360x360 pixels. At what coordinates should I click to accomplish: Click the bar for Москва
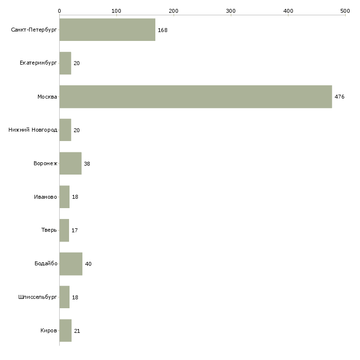click(195, 97)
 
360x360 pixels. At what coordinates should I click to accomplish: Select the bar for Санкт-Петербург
click(107, 30)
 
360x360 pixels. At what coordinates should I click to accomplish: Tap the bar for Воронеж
click(70, 163)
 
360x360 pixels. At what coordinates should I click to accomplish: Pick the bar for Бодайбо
click(71, 264)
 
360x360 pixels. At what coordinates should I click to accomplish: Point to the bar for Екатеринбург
click(65, 63)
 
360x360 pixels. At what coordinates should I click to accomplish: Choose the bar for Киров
click(65, 330)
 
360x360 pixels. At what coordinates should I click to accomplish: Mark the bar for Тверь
click(64, 230)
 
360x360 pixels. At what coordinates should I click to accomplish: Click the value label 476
click(339, 97)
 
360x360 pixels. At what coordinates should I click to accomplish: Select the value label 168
click(162, 30)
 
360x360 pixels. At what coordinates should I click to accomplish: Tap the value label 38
click(87, 164)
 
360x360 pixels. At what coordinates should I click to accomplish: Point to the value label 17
click(74, 230)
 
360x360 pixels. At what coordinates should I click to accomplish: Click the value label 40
click(88, 264)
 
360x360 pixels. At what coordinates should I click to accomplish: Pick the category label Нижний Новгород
click(33, 130)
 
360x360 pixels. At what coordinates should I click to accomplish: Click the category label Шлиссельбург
click(37, 297)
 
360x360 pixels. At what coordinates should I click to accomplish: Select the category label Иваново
click(45, 197)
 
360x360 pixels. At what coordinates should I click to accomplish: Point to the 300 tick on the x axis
click(231, 10)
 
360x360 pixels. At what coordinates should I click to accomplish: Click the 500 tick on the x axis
click(345, 10)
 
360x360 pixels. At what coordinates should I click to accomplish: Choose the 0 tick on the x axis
click(59, 10)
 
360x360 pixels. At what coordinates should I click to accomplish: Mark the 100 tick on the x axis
click(116, 10)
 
